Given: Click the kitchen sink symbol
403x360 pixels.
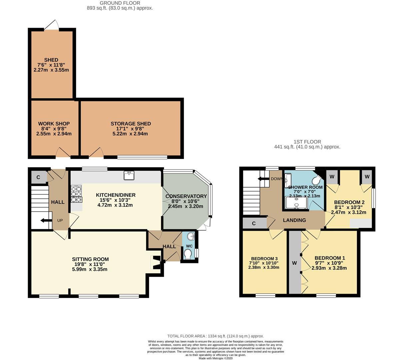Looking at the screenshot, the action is click(x=129, y=175).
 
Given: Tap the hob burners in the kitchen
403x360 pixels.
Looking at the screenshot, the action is click(x=76, y=194).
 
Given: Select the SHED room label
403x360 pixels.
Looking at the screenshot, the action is click(x=51, y=60).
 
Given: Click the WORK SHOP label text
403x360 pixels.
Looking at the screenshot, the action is click(x=54, y=124).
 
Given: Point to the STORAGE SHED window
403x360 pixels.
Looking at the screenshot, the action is click(x=142, y=157).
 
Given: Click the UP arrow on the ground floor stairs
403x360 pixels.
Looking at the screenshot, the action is click(x=45, y=220).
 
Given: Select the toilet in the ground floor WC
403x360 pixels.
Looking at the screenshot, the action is click(x=188, y=254).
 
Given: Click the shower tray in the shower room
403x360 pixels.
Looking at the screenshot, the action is click(x=296, y=203).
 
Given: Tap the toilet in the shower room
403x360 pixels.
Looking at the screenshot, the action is click(x=316, y=180).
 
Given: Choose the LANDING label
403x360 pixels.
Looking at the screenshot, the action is click(x=294, y=220).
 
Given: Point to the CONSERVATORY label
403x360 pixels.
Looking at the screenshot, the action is click(x=186, y=196).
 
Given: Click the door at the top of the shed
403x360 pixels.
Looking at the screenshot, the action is click(x=51, y=25).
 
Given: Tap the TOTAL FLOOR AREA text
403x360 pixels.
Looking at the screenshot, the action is click(x=215, y=336).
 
